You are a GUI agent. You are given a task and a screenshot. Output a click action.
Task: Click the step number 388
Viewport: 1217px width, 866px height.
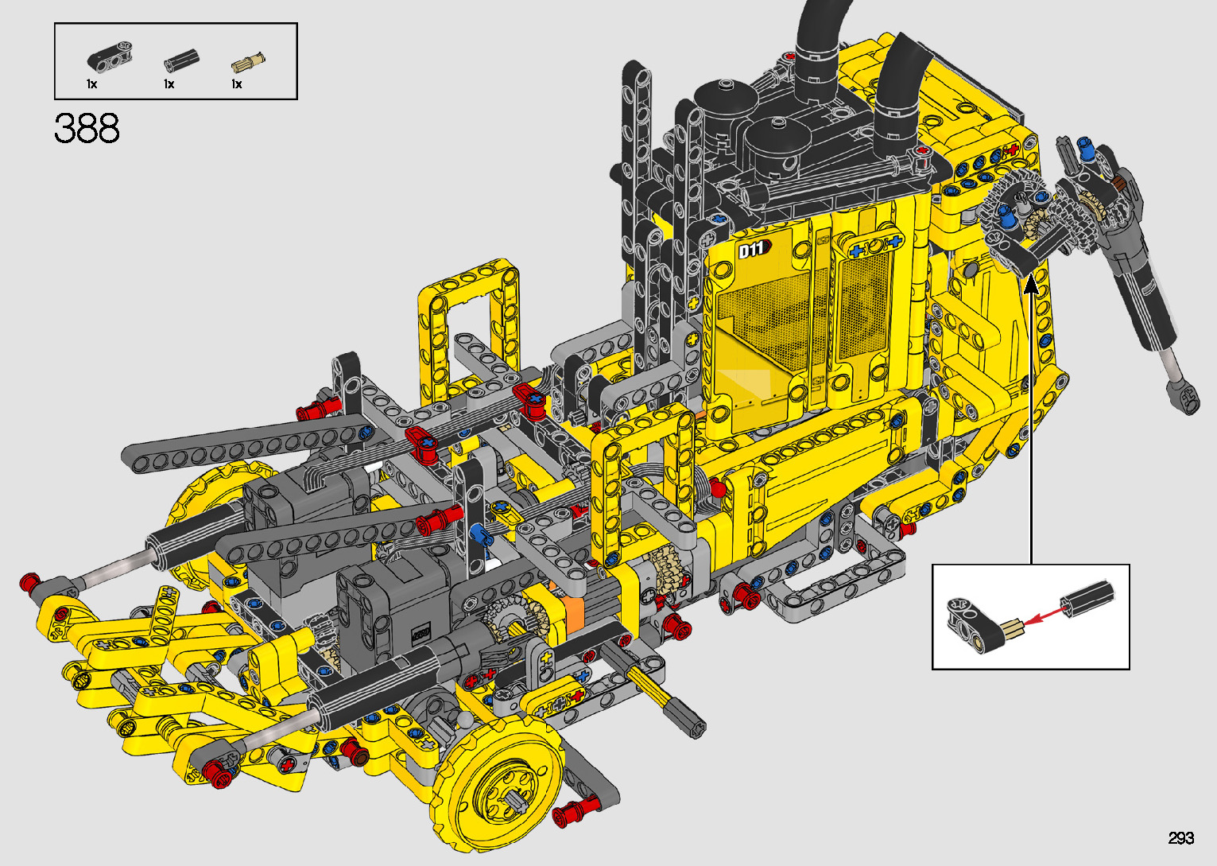click(87, 128)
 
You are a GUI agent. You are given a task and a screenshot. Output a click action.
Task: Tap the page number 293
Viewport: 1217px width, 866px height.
click(1181, 837)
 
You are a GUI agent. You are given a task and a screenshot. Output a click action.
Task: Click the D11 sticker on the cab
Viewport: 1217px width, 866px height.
click(754, 250)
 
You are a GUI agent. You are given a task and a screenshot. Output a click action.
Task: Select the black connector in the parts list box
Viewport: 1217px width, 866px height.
click(110, 56)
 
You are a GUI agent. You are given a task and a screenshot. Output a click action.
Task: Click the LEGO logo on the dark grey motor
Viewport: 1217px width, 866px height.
click(421, 634)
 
